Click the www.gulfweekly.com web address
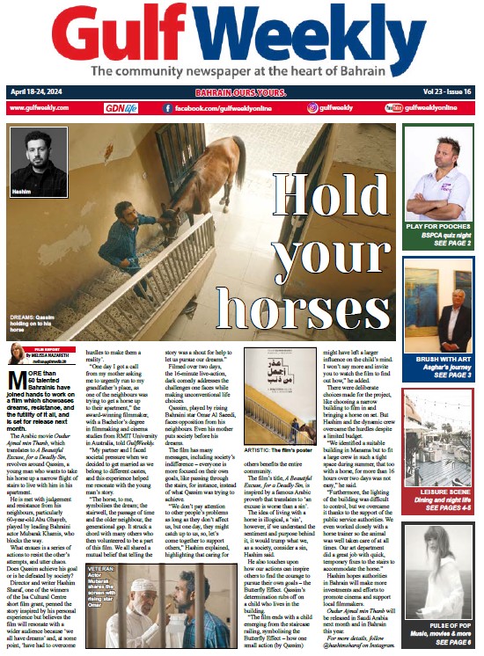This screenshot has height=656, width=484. pyautogui.click(x=39, y=107)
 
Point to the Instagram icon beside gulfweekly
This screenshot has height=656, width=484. pyautogui.click(x=312, y=107)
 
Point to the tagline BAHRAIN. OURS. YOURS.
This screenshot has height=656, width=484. pyautogui.click(x=241, y=91)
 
